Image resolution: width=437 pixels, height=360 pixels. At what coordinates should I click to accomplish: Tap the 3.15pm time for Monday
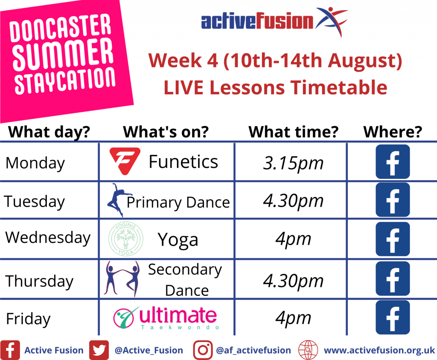[293, 163]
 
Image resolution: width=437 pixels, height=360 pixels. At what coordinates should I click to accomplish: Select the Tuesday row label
[34, 202]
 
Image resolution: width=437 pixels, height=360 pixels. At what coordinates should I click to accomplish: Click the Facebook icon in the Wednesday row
[393, 239]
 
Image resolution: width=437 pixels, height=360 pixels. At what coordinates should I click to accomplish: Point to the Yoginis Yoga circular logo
[126, 239]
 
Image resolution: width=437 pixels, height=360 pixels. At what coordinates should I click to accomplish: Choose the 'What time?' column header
[293, 132]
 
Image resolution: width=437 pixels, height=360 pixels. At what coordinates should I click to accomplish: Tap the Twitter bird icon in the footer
[99, 350]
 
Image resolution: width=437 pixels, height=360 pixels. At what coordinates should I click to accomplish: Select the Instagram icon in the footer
[203, 350]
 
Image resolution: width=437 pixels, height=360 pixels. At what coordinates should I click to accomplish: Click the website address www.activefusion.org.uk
[379, 350]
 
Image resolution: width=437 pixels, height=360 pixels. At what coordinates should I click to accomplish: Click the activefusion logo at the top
[274, 21]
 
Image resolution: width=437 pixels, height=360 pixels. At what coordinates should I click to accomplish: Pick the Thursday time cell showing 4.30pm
[293, 281]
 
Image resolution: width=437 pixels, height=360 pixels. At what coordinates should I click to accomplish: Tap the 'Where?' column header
[393, 132]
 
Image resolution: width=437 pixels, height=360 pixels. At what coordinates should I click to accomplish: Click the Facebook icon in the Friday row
[393, 317]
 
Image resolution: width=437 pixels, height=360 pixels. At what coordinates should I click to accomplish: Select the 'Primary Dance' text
[178, 202]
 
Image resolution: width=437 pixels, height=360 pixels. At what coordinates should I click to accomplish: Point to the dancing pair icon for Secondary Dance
[122, 279]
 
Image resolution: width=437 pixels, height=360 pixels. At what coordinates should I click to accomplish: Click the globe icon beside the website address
[308, 350]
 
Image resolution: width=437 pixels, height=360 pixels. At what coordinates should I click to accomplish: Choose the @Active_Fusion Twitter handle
[149, 351]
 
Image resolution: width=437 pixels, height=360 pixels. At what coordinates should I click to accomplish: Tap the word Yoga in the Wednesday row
[178, 240]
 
